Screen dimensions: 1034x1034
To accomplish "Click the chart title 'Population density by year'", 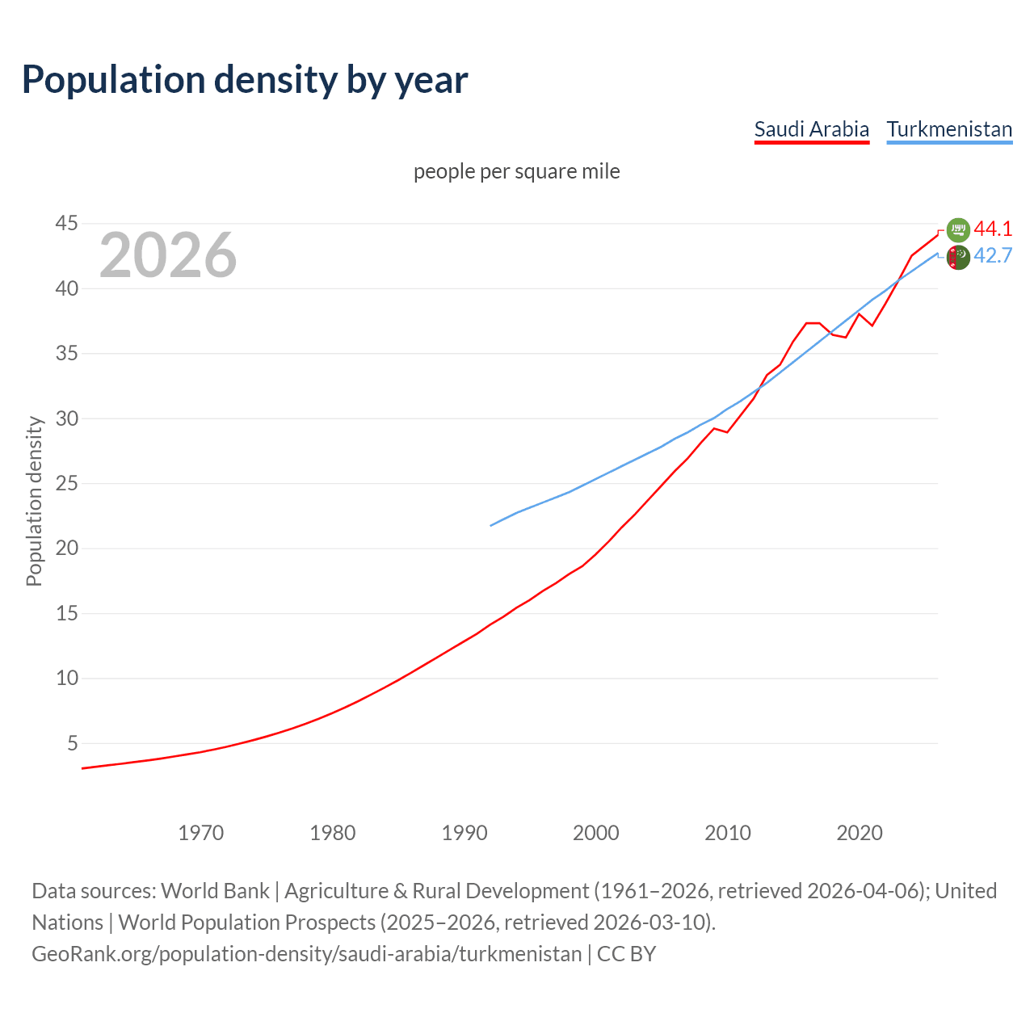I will click(245, 80).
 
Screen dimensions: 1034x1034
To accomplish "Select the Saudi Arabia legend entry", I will click(811, 129).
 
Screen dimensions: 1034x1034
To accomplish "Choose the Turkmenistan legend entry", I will click(949, 129).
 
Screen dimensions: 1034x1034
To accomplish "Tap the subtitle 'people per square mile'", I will click(517, 171).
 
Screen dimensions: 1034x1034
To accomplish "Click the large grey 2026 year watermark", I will click(168, 255).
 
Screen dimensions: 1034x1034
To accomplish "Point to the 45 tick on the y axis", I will click(67, 223).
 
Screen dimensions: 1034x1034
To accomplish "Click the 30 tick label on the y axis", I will click(67, 418).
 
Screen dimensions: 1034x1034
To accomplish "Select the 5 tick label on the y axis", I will click(73, 743).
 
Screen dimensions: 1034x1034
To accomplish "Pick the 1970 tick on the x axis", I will click(201, 832).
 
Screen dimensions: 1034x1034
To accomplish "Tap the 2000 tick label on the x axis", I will click(596, 832).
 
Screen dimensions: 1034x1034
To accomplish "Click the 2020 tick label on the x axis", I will click(860, 832).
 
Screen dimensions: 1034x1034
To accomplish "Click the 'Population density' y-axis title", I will click(34, 501).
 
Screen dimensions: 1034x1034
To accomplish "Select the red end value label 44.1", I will click(993, 229).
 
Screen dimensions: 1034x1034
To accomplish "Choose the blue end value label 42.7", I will click(993, 256).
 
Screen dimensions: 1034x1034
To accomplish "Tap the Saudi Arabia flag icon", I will click(958, 230).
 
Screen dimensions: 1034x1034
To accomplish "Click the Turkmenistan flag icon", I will click(958, 258).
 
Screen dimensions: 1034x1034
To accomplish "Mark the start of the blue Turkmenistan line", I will click(491, 525).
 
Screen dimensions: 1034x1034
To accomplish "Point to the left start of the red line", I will click(82, 767).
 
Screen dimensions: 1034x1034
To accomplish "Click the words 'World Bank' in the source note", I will click(215, 891).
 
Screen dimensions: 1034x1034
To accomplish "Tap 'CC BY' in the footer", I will click(626, 954).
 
